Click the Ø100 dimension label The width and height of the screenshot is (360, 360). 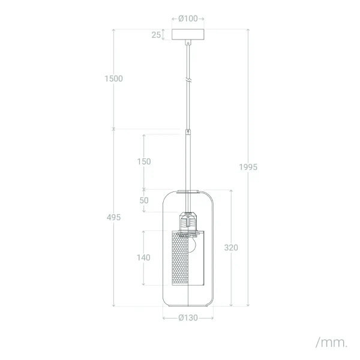[188, 19]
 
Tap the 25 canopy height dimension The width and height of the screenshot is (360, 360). [156, 35]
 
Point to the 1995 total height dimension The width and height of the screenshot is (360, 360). [247, 167]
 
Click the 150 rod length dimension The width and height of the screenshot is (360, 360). [143, 161]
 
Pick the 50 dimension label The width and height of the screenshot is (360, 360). [143, 200]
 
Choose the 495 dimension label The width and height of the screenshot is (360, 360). [113, 217]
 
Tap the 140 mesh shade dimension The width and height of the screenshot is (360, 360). [143, 257]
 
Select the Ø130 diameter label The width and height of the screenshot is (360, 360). [188, 318]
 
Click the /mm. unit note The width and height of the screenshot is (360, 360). [331, 343]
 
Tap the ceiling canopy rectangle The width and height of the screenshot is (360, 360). [188, 35]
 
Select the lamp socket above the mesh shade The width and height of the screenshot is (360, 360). [188, 222]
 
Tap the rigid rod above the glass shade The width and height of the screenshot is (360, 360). [188, 162]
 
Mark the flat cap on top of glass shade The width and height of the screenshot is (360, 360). [188, 191]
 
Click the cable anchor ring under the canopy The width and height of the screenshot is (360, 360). [188, 43]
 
